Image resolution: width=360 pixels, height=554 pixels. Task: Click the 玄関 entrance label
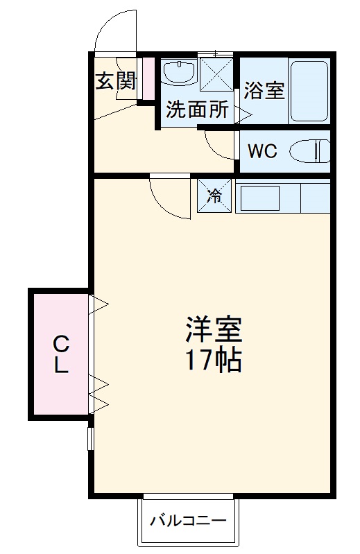pos(115,81)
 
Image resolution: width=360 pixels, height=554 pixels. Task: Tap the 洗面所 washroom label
pos(197,110)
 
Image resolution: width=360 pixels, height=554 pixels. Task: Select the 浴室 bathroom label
pos(264,90)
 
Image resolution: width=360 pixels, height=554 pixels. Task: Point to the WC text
pos(263,152)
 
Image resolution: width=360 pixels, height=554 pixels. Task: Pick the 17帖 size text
pos(213,361)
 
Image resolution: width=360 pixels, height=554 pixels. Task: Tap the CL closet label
pos(61,354)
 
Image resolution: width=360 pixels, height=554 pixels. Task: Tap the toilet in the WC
pos(309,151)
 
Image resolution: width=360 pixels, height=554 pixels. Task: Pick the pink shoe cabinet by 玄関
pos(147,78)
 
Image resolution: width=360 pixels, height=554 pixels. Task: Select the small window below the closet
pos(90,439)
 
